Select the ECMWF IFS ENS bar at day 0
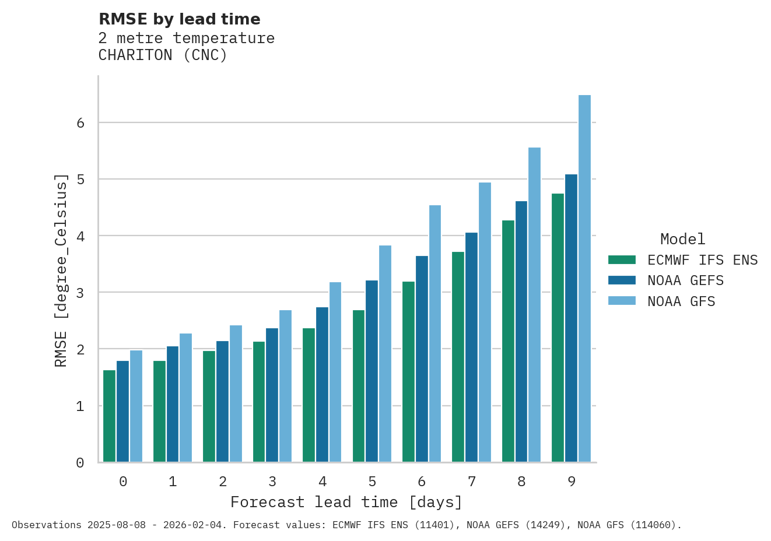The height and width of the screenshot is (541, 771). click(109, 416)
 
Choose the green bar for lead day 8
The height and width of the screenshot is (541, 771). click(508, 341)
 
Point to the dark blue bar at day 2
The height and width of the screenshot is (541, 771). click(222, 402)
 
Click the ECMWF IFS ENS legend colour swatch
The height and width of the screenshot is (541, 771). click(621, 260)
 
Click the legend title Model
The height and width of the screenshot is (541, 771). click(682, 239)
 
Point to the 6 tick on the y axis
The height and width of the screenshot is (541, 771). click(80, 123)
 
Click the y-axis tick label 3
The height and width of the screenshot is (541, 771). click(80, 293)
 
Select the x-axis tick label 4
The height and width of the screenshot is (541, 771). click(323, 482)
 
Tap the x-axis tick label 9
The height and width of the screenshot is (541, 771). click(572, 482)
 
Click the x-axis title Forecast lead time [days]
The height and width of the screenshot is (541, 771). click(346, 503)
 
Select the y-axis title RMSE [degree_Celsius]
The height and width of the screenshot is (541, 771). click(61, 270)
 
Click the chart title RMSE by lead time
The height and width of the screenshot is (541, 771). click(180, 19)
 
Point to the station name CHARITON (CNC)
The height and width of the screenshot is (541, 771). click(163, 55)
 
